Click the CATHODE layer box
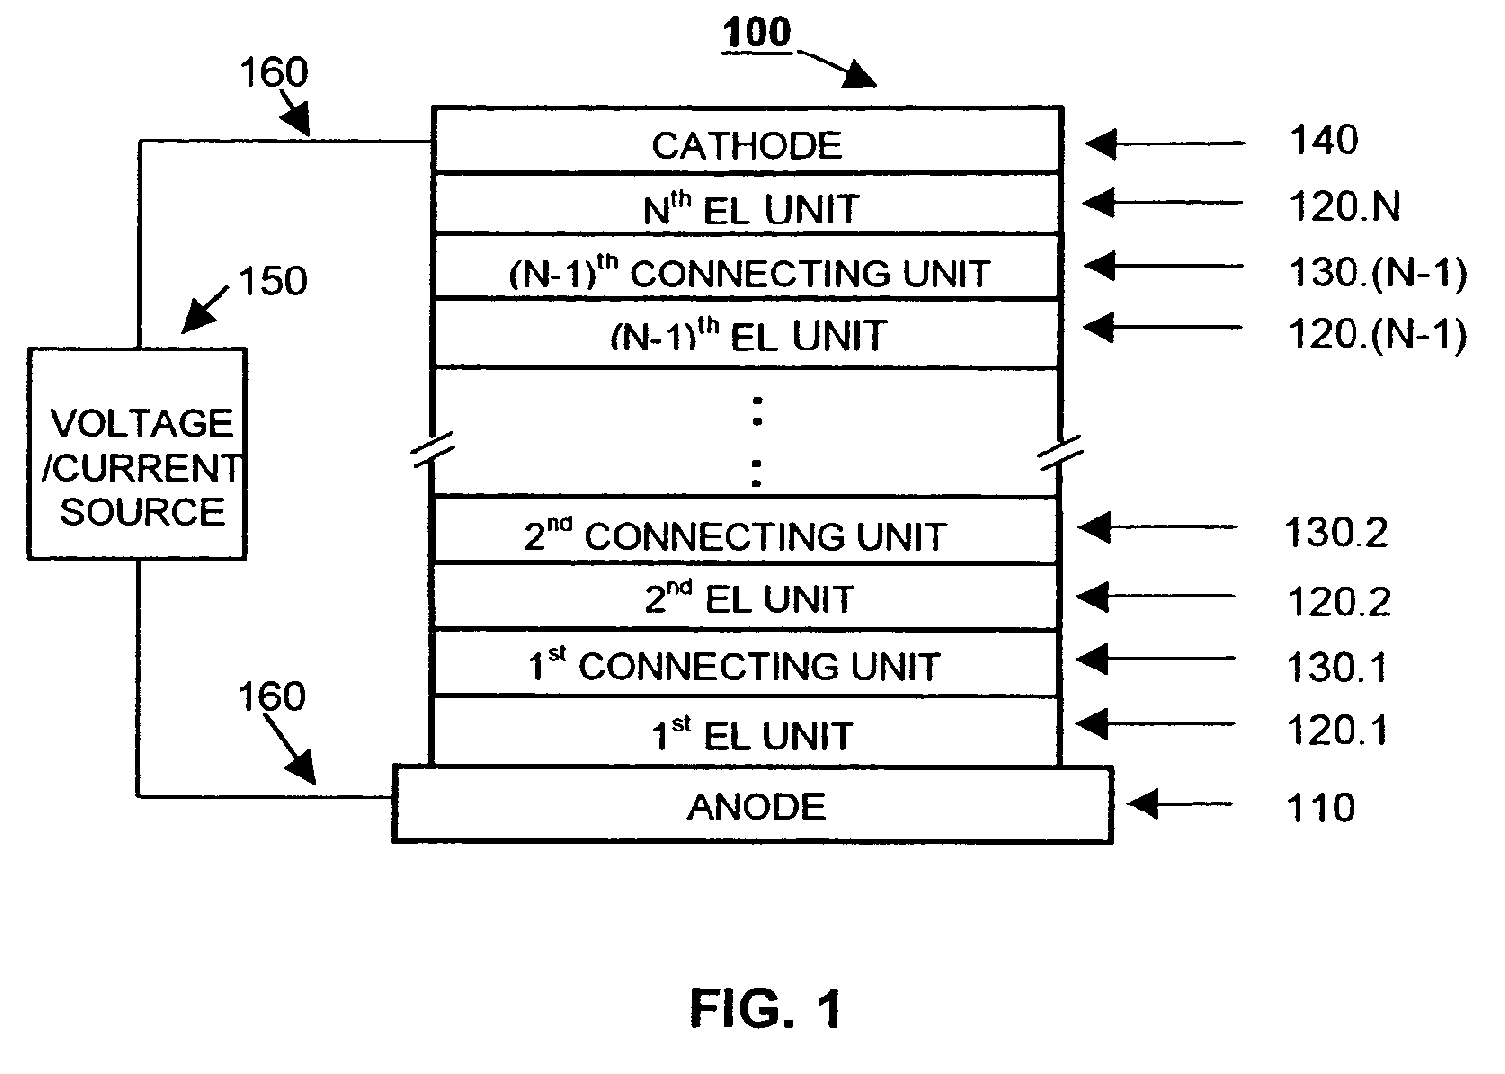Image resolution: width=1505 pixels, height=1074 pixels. coord(748,140)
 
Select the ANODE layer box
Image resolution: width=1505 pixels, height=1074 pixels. coord(752,805)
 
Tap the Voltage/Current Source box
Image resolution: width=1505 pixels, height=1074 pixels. coord(137,453)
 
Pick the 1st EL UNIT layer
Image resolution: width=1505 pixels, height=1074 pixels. coord(746,731)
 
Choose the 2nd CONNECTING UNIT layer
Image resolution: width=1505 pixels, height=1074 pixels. coord(746,530)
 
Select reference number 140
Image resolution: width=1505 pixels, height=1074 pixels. coord(1324,140)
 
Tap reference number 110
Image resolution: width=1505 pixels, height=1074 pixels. coord(1320,807)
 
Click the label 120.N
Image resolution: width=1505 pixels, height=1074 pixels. coord(1345,206)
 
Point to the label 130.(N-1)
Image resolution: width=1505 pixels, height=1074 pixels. coord(1378,273)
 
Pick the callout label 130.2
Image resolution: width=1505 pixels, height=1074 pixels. coord(1337,533)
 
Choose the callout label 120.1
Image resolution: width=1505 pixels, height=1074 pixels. coord(1337,730)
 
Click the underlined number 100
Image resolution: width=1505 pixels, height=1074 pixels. coord(756,33)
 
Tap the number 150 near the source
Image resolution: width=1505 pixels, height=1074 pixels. coord(273,280)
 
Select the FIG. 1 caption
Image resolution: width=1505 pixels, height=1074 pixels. coord(765,1009)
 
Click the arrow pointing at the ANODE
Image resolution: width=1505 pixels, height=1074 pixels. coord(1179,804)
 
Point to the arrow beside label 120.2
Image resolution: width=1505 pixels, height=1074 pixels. coord(1155,596)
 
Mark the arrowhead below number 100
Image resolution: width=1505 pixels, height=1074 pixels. coord(861,75)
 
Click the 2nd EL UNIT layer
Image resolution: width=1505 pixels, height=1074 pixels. coord(746,596)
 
